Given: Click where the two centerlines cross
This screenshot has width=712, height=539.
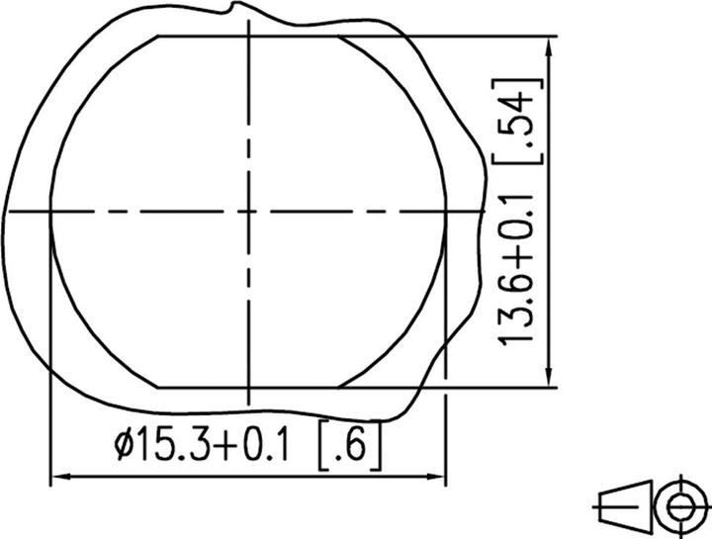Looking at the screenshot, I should tap(249, 210).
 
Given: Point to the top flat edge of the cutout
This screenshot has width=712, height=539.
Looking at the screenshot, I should tap(249, 36).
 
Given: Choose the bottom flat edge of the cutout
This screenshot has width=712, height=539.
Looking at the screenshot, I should tap(249, 385).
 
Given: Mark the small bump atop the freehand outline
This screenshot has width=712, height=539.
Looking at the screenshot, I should tap(234, 8).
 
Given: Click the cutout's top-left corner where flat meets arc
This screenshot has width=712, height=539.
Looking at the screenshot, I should tap(158, 36).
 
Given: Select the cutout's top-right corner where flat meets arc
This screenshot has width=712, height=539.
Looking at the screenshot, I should tap(340, 36).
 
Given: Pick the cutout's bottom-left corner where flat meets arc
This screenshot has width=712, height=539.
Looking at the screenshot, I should tap(158, 385).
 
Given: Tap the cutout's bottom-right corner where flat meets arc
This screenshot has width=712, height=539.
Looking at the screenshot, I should tap(340, 385).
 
